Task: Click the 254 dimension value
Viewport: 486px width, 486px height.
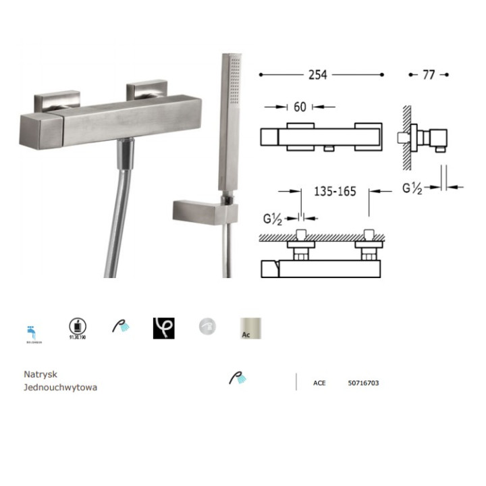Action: coord(317,75)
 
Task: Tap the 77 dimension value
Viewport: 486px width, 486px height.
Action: coord(428,75)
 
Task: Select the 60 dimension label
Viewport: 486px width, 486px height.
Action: coord(300,107)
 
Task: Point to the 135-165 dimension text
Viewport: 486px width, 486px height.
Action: coord(335,191)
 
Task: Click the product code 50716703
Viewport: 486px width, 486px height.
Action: coord(363,383)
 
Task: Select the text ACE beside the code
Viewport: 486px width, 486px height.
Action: coord(319,383)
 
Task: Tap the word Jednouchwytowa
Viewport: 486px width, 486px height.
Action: coord(60,387)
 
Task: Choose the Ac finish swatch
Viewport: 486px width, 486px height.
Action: coord(250,327)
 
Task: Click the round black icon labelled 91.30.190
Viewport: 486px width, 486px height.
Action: coord(76,327)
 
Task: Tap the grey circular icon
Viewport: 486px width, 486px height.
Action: coord(207,327)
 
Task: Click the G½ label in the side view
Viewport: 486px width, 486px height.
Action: coord(412,188)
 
